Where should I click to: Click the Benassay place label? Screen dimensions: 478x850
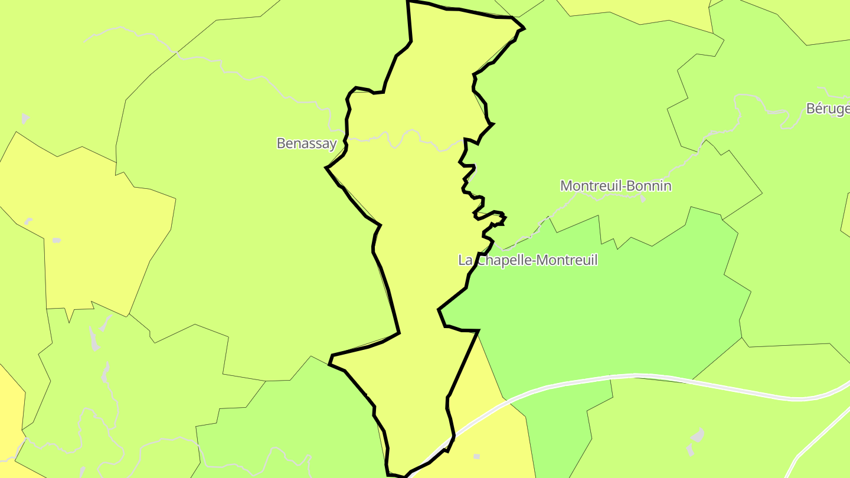[x=306, y=143]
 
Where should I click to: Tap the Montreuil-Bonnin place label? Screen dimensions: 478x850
[x=616, y=186]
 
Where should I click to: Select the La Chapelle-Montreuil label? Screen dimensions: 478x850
[x=528, y=260]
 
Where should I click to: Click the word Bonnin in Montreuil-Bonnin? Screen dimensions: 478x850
[x=650, y=186]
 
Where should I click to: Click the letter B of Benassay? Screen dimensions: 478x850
[x=281, y=143]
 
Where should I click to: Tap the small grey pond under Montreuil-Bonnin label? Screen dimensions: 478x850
[x=643, y=199]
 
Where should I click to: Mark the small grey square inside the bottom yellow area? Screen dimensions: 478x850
[x=476, y=456]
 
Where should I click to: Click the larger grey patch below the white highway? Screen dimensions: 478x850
[x=697, y=436]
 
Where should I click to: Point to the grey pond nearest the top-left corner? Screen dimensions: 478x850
[x=25, y=118]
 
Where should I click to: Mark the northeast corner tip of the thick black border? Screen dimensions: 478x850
[x=524, y=28]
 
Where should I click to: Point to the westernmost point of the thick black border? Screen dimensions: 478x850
[x=326, y=168]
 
